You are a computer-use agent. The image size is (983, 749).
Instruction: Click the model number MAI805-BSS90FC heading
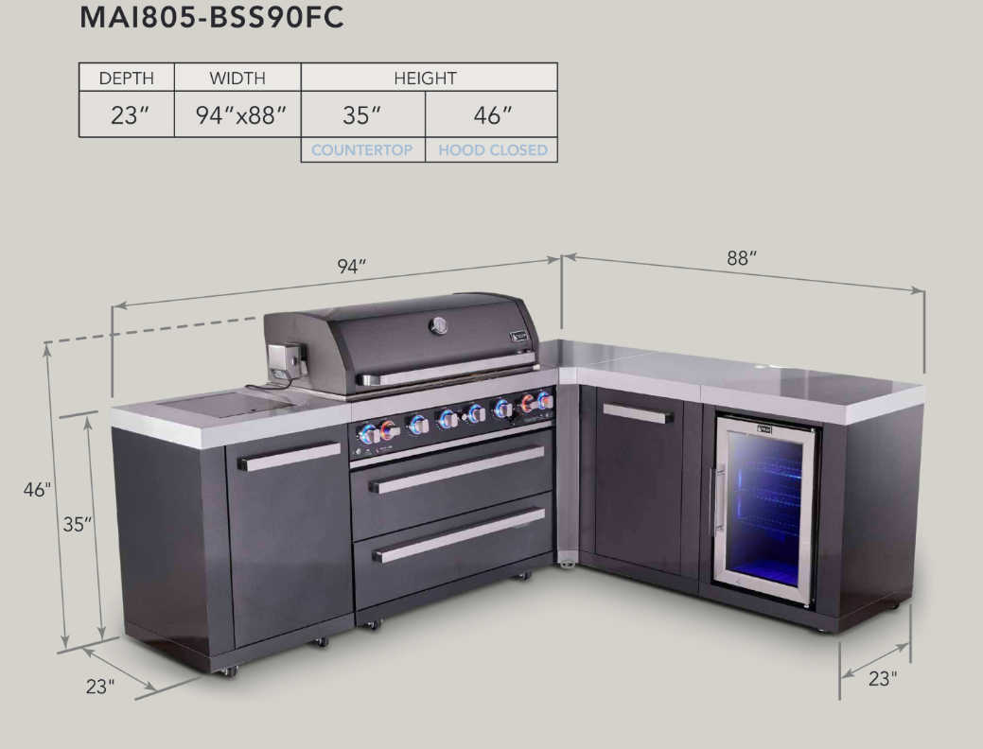[x=210, y=20]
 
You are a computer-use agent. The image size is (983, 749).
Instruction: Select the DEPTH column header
[x=126, y=78]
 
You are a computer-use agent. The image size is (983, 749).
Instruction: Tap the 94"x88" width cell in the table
[x=237, y=115]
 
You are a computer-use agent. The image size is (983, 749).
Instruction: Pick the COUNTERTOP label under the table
[x=362, y=149]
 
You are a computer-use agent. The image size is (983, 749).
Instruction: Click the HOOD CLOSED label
[x=492, y=149]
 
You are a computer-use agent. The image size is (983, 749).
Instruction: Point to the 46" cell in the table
[x=491, y=115]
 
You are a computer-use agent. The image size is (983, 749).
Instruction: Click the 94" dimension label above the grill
[x=352, y=268]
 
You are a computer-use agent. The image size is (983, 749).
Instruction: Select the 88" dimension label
[x=742, y=257]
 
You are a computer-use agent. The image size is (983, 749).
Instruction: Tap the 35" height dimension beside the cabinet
[x=78, y=525]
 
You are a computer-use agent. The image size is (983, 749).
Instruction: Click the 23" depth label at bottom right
[x=882, y=678]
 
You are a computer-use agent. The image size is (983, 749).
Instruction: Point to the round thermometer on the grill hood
[x=439, y=325]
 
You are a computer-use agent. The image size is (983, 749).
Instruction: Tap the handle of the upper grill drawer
[x=457, y=469]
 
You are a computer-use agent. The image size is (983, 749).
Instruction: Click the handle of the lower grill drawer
[x=459, y=535]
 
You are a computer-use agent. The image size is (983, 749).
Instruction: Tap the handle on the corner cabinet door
[x=638, y=413]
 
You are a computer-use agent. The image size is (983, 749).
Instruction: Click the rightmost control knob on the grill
[x=545, y=401]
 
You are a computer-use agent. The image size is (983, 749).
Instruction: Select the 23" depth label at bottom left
[x=100, y=687]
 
